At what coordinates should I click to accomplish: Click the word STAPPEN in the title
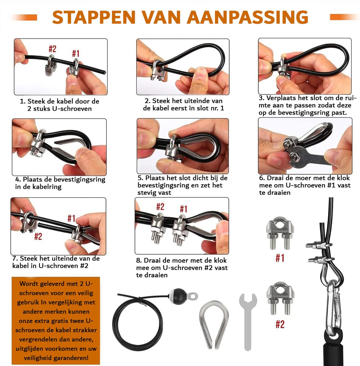tap(94, 17)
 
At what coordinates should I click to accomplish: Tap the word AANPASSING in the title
tap(248, 17)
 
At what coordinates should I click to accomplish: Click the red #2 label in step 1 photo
tap(52, 49)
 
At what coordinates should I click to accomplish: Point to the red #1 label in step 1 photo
tap(76, 53)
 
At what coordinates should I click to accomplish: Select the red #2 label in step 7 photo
tap(38, 236)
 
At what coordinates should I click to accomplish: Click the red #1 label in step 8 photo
tap(184, 209)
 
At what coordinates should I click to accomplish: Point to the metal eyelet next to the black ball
tap(192, 296)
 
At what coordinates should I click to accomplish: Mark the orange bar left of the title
tap(24, 17)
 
